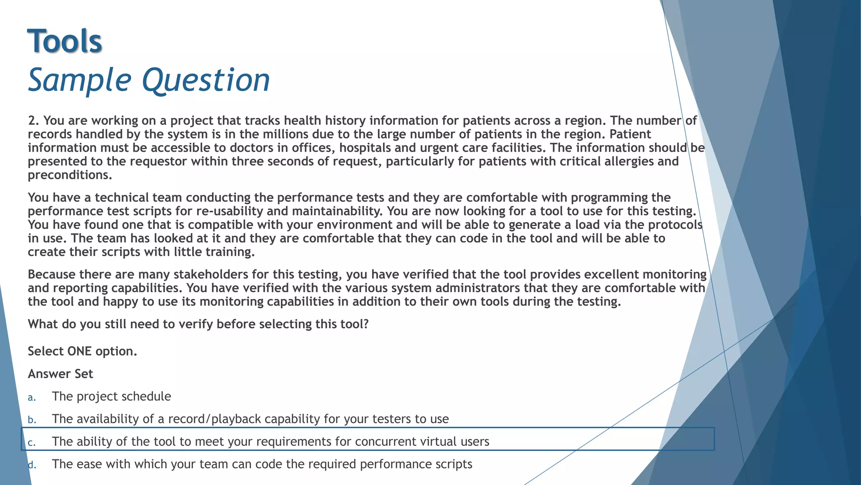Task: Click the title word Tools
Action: pos(65,41)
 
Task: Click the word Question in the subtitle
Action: pos(206,80)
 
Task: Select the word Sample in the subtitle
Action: pos(80,80)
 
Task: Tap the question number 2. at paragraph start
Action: pos(34,121)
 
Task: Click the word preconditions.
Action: pos(69,175)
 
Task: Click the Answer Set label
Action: pos(60,374)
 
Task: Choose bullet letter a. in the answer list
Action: pos(32,397)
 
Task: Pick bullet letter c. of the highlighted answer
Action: pos(32,442)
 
